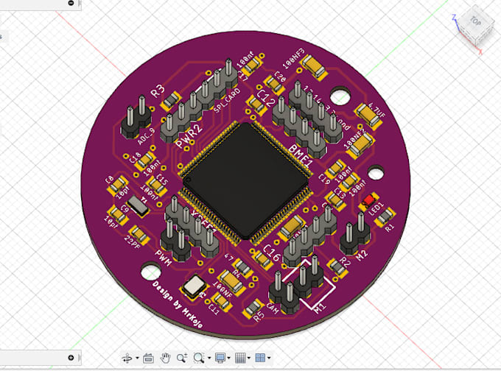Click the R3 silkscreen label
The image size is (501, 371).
coord(157,92)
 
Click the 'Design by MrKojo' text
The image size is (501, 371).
coord(183,301)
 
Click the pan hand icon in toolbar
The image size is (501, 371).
coord(166,358)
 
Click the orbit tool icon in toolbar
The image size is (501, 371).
coord(127,358)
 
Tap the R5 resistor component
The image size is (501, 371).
coord(258,308)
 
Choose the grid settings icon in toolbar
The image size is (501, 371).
coord(239,358)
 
